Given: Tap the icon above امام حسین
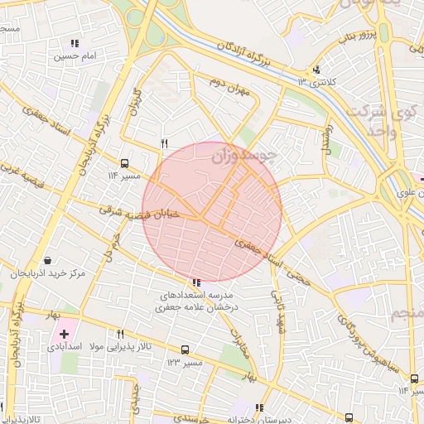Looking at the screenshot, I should pyautogui.click(x=75, y=43).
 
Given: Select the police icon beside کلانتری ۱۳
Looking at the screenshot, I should pyautogui.click(x=316, y=70).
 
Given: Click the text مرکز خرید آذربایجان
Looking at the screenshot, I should pyautogui.click(x=51, y=273).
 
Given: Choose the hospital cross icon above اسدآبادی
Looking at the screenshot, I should pyautogui.click(x=64, y=334).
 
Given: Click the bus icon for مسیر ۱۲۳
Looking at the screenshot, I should pyautogui.click(x=185, y=350).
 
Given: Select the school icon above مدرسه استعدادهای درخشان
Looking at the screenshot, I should pyautogui.click(x=195, y=282).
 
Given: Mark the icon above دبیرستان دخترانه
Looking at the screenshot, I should pyautogui.click(x=259, y=407).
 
